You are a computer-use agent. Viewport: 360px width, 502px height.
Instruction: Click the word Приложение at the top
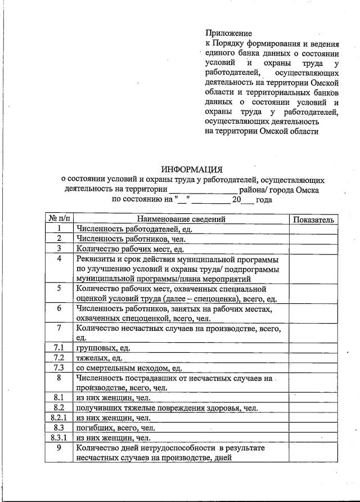(228, 34)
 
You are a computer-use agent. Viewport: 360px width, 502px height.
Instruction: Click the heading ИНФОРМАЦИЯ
(192, 169)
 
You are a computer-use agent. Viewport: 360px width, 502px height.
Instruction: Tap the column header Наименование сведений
(181, 219)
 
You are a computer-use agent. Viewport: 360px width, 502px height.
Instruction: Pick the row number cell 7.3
(59, 367)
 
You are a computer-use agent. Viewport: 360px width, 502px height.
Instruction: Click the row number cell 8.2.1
(59, 418)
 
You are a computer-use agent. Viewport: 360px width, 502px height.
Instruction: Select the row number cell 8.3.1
(59, 437)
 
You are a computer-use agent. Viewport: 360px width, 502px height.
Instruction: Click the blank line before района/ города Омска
(204, 190)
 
